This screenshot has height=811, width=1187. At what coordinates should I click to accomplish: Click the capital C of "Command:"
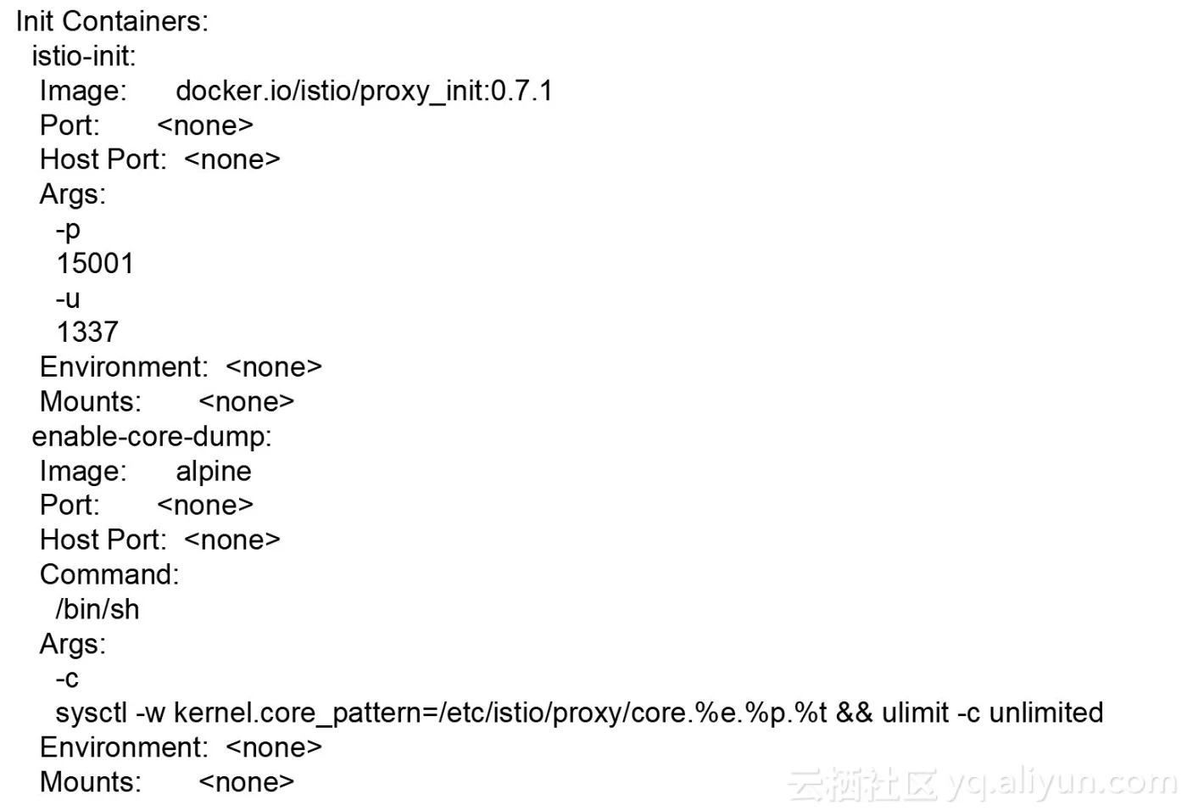50,574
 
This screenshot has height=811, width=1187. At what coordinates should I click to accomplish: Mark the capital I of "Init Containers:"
19,22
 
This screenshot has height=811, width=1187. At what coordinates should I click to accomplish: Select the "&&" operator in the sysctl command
854,713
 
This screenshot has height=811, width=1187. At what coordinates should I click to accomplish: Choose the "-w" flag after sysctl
151,713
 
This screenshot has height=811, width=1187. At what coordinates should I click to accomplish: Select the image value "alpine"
214,473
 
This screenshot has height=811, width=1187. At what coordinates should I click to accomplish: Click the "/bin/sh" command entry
98,610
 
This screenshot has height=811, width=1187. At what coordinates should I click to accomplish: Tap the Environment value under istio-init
273,367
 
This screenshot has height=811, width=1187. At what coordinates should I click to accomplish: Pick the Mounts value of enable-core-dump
247,782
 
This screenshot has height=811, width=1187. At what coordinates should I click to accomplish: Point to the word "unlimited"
1046,713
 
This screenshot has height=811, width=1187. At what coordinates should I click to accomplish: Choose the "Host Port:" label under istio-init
103,159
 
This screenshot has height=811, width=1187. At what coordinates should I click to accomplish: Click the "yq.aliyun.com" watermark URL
1059,785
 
